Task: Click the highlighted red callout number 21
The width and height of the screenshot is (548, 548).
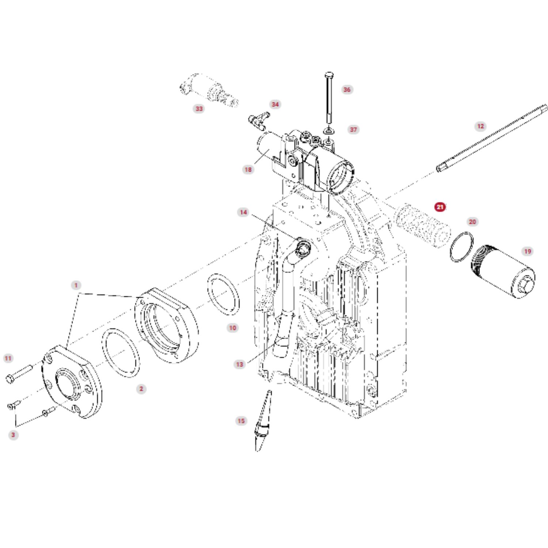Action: click(440, 207)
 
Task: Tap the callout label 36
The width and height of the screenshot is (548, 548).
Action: click(347, 90)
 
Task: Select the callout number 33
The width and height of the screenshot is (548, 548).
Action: click(199, 109)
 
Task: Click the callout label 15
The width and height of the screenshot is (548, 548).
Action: click(241, 421)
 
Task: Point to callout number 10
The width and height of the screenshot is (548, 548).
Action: click(233, 328)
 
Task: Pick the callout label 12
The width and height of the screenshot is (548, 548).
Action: click(480, 126)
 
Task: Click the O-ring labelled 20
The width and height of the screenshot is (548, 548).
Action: click(461, 247)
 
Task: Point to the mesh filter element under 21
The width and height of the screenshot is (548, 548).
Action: click(423, 225)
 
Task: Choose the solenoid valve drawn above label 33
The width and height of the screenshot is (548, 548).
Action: click(210, 90)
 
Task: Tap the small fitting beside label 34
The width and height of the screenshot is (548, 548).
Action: click(259, 120)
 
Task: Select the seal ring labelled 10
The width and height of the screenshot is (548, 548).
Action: click(224, 294)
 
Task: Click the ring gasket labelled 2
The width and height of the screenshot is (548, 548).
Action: click(121, 353)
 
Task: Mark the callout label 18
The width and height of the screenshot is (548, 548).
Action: click(248, 170)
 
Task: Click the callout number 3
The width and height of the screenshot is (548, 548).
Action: click(13, 435)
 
